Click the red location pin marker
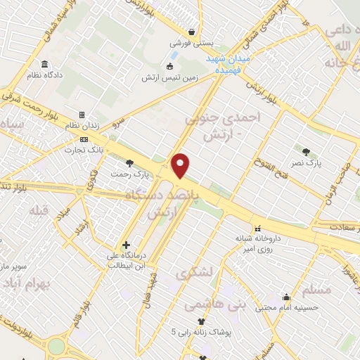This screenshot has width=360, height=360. click(181, 165)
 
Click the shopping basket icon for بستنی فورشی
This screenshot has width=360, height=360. click(191, 32)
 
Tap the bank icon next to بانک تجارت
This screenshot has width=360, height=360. click(84, 139)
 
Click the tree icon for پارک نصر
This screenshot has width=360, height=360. click(306, 150)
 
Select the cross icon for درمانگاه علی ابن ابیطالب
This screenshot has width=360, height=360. click(126, 245)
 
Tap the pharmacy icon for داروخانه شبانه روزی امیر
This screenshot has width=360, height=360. click(258, 229)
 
